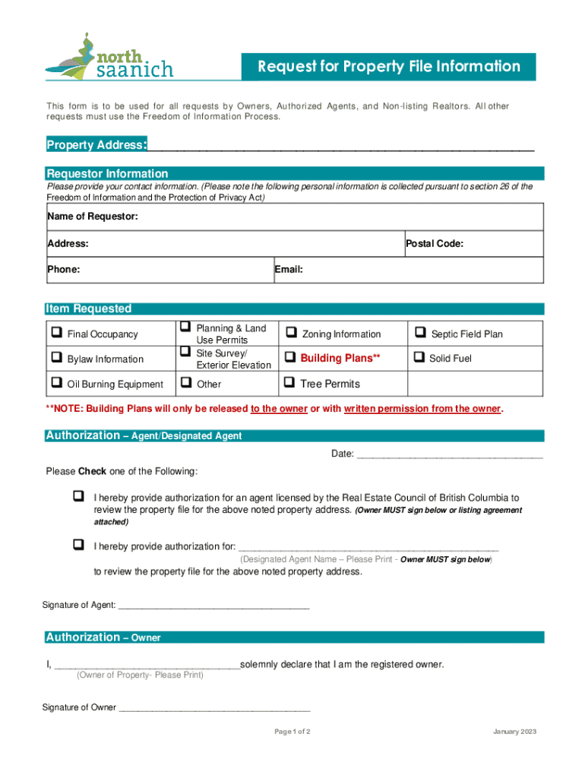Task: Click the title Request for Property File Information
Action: point(388,67)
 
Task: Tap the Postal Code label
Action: point(435,244)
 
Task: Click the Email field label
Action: point(290,269)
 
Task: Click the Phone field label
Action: point(64,269)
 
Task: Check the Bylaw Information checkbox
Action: point(56,358)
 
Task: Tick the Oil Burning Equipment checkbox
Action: point(56,384)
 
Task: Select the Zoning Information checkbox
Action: point(290,333)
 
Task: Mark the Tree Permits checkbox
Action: point(289,383)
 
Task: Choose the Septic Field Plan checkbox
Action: point(419,333)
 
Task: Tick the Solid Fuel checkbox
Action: point(419,357)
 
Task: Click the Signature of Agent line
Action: point(214,606)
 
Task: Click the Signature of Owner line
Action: point(215,709)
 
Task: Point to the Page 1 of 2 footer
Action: point(292,732)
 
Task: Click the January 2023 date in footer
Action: point(514,732)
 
